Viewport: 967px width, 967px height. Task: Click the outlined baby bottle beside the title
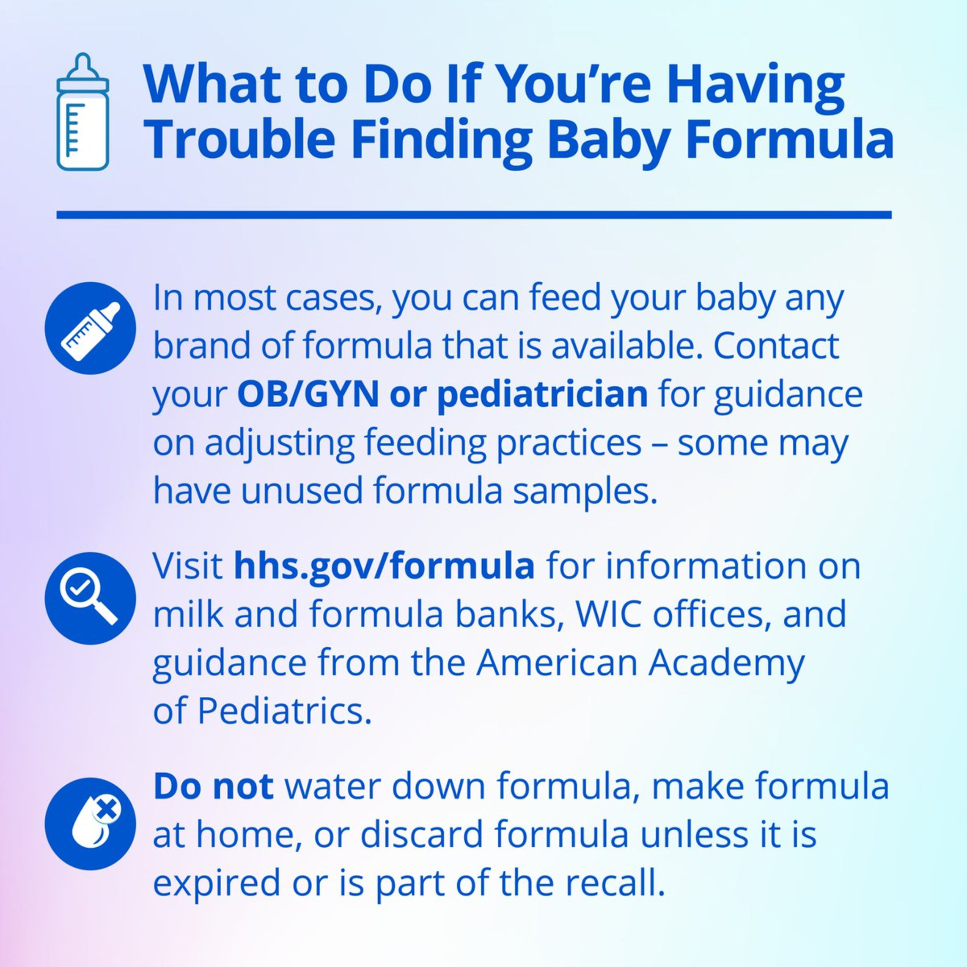coord(82,112)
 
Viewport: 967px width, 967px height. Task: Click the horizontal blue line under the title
coord(474,215)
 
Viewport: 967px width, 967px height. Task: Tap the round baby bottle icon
coord(90,328)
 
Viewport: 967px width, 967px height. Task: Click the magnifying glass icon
coord(90,598)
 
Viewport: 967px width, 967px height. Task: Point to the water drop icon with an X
coord(90,823)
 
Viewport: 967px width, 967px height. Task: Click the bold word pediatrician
coord(543,396)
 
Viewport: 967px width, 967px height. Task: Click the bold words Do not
coord(214,786)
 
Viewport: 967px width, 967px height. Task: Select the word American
coord(557,663)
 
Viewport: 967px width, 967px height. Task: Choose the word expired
coord(217,885)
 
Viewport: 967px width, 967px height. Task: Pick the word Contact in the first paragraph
coord(776,346)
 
